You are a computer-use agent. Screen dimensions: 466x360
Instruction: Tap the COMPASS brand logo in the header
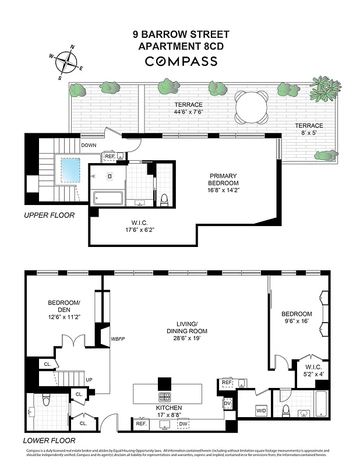pos(181,61)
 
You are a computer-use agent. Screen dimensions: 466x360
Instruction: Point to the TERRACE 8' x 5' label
pos(309,129)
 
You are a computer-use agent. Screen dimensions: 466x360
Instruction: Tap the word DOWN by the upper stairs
pos(89,146)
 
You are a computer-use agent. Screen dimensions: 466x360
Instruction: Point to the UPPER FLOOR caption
pos(49,215)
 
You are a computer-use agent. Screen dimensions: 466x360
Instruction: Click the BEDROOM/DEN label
pos(64,309)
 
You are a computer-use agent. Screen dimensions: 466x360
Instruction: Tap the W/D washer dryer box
pos(261,412)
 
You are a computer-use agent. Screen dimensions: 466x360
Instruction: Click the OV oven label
pos(228,403)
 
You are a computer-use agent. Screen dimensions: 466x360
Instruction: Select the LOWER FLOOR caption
pos(50,441)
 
